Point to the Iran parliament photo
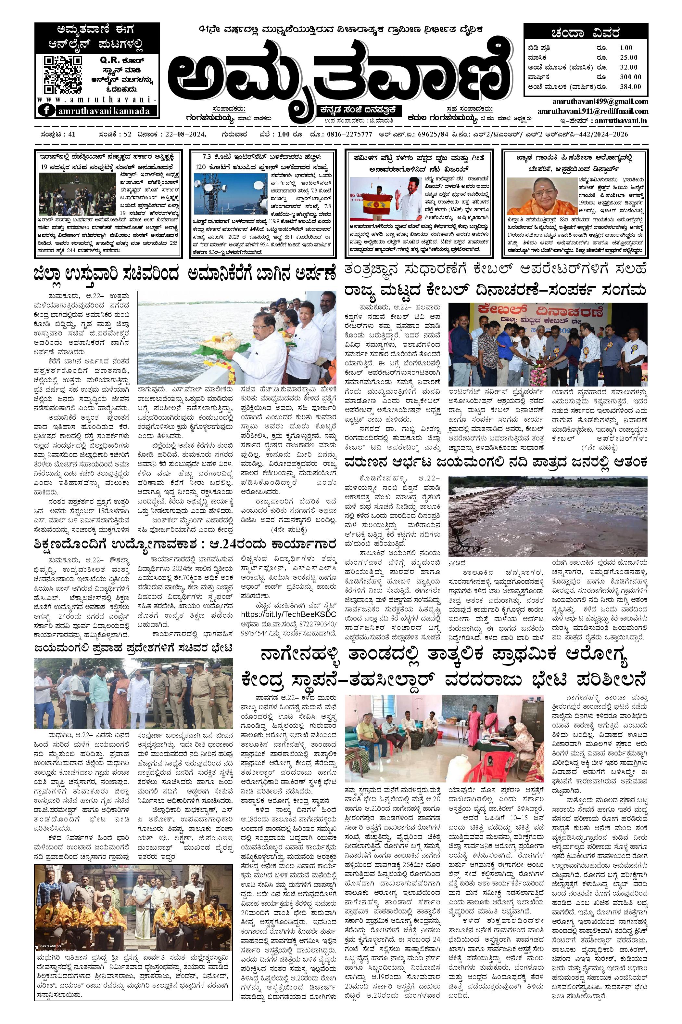pyautogui.click(x=77, y=193)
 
